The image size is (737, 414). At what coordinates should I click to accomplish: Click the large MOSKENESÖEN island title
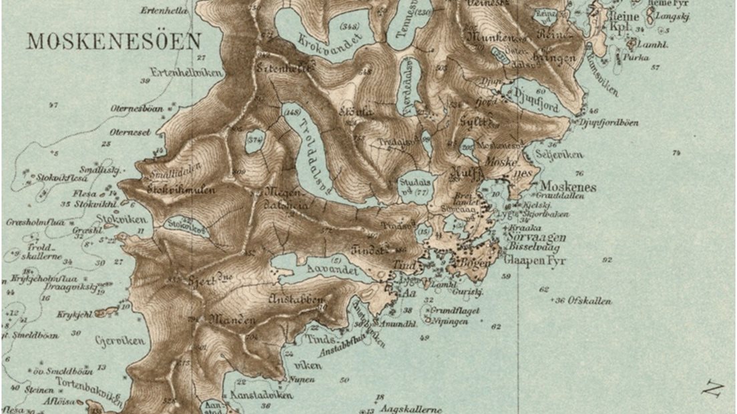pyautogui.click(x=113, y=41)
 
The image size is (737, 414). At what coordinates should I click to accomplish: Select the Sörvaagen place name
pyautogui.click(x=535, y=237)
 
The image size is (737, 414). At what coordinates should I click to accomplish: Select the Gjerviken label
pyautogui.click(x=120, y=341)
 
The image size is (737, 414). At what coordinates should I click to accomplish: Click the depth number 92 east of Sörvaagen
pyautogui.click(x=606, y=260)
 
